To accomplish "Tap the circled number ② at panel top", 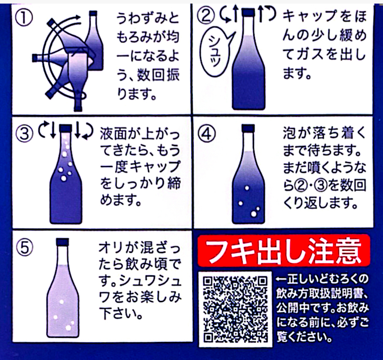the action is (x=206, y=16).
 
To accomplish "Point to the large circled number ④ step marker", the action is (x=207, y=133).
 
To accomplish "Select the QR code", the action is (x=235, y=309).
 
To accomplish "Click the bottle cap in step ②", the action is (x=248, y=13).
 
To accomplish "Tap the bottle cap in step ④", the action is (x=248, y=128).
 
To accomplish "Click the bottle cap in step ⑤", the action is (x=63, y=242).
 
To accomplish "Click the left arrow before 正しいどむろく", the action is (x=282, y=279).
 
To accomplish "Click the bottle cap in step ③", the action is (x=66, y=128).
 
